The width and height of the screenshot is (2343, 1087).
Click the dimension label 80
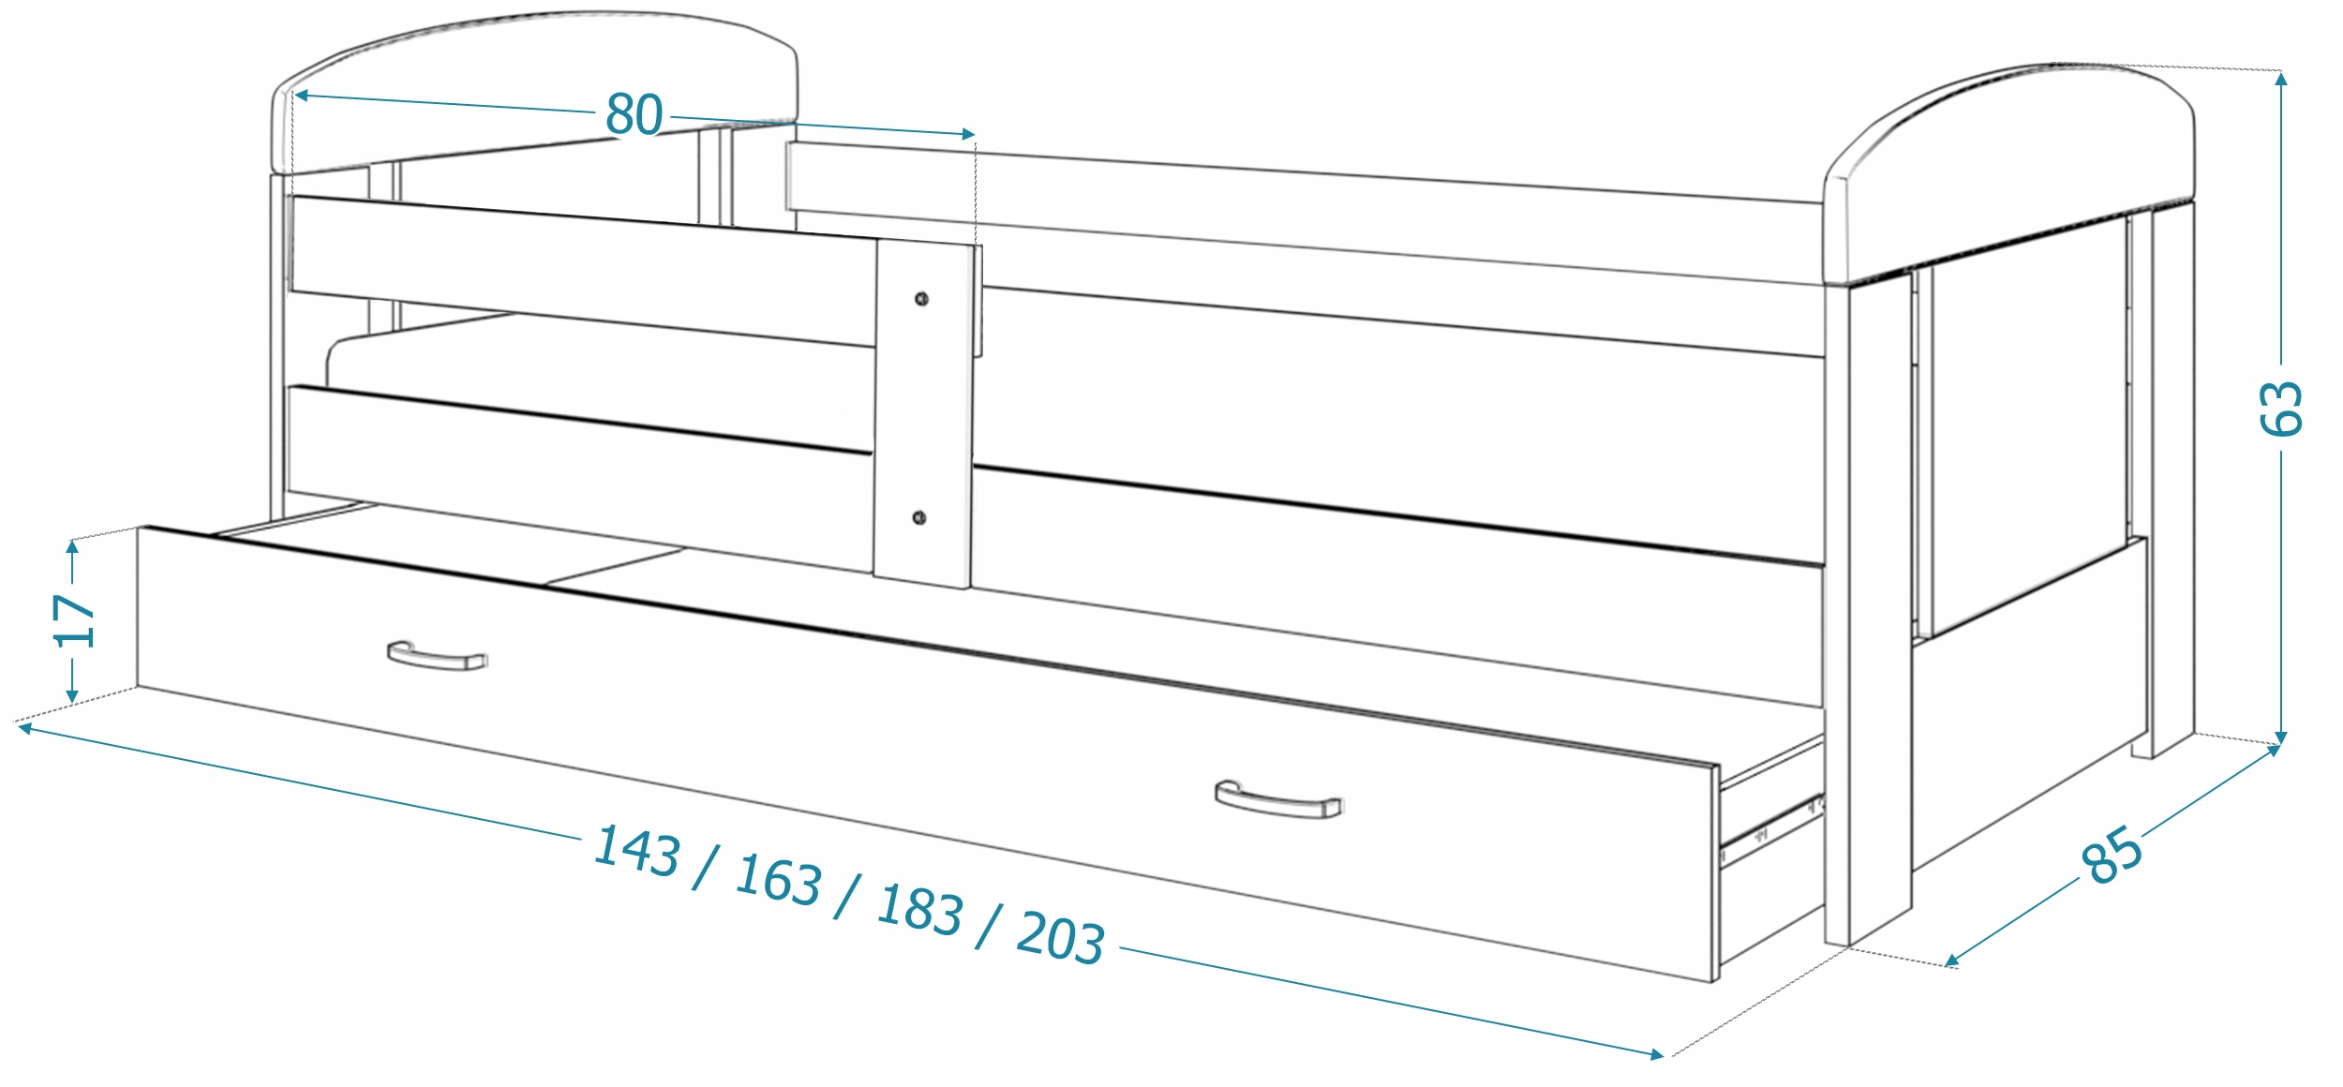pyautogui.click(x=634, y=114)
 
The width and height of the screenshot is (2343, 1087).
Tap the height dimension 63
pyautogui.click(x=2281, y=409)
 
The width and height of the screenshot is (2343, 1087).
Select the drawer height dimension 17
pyautogui.click(x=74, y=619)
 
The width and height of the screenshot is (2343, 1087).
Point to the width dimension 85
pyautogui.click(x=2112, y=855)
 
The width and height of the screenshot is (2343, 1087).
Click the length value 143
pyautogui.click(x=637, y=851)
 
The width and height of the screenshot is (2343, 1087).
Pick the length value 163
pyautogui.click(x=779, y=880)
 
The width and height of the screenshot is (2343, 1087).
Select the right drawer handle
pyautogui.click(x=1278, y=800)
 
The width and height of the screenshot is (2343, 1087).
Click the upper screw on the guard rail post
pyautogui.click(x=921, y=299)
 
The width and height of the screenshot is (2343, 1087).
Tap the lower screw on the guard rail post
pyautogui.click(x=919, y=518)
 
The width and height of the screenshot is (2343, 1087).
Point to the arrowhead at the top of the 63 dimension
pyautogui.click(x=2281, y=79)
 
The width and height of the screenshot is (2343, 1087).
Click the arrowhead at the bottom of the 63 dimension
pyautogui.click(x=2281, y=737)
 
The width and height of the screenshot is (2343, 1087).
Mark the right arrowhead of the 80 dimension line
pyautogui.click(x=968, y=134)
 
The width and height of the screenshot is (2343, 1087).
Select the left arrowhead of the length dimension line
pyautogui.click(x=25, y=727)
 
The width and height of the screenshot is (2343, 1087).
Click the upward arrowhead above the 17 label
pyautogui.click(x=73, y=546)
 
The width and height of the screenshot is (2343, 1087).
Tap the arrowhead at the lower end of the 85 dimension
pyautogui.click(x=1951, y=960)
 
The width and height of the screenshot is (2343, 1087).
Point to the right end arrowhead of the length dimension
pyautogui.click(x=1657, y=1055)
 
